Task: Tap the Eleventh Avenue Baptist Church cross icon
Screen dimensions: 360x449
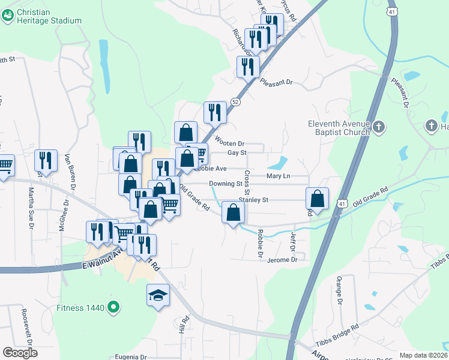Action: pyautogui.click(x=378, y=127)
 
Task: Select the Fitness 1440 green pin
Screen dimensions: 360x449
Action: pyautogui.click(x=112, y=308)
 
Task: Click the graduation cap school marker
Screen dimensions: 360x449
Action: pyautogui.click(x=158, y=295)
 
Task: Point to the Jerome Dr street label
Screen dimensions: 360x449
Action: pyautogui.click(x=282, y=260)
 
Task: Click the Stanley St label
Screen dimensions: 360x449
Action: pyautogui.click(x=253, y=199)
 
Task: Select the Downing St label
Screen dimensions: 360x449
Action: pyautogui.click(x=224, y=184)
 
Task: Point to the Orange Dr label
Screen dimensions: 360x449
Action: pyautogui.click(x=339, y=290)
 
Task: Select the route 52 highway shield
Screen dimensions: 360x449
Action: pyautogui.click(x=236, y=103)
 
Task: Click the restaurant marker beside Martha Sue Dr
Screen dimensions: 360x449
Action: pyautogui.click(x=46, y=160)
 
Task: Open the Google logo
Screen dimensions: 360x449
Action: pyautogui.click(x=20, y=352)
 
